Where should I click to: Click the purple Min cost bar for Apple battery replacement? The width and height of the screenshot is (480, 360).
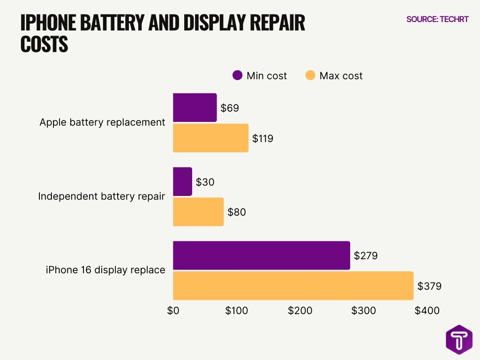[195, 108]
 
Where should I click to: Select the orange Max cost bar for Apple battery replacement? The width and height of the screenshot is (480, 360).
[210, 138]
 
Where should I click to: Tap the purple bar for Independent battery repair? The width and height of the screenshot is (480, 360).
[182, 182]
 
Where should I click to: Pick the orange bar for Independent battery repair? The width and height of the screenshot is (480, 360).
[198, 212]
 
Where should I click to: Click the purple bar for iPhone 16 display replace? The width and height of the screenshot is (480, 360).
[262, 255]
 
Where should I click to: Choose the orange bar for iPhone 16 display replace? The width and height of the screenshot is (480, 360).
[293, 285]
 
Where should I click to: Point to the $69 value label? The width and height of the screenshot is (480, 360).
[230, 108]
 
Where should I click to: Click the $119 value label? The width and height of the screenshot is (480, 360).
[262, 139]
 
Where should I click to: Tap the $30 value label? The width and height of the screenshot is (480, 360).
[205, 182]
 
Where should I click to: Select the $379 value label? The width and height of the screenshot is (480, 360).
[429, 286]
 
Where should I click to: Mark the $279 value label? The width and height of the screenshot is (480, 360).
[366, 256]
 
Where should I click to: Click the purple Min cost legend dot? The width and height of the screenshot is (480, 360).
[238, 75]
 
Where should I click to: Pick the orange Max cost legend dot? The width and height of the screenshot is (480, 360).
[310, 75]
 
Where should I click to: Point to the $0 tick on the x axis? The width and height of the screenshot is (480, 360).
[173, 311]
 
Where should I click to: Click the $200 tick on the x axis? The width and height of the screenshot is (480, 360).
[300, 311]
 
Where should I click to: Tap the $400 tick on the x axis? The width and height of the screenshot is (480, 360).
[427, 311]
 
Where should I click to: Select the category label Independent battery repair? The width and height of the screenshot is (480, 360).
[101, 196]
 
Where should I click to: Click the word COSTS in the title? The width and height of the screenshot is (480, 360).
[45, 45]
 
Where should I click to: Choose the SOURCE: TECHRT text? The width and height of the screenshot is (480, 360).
[437, 20]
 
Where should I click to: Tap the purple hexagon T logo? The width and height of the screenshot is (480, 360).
[459, 339]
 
